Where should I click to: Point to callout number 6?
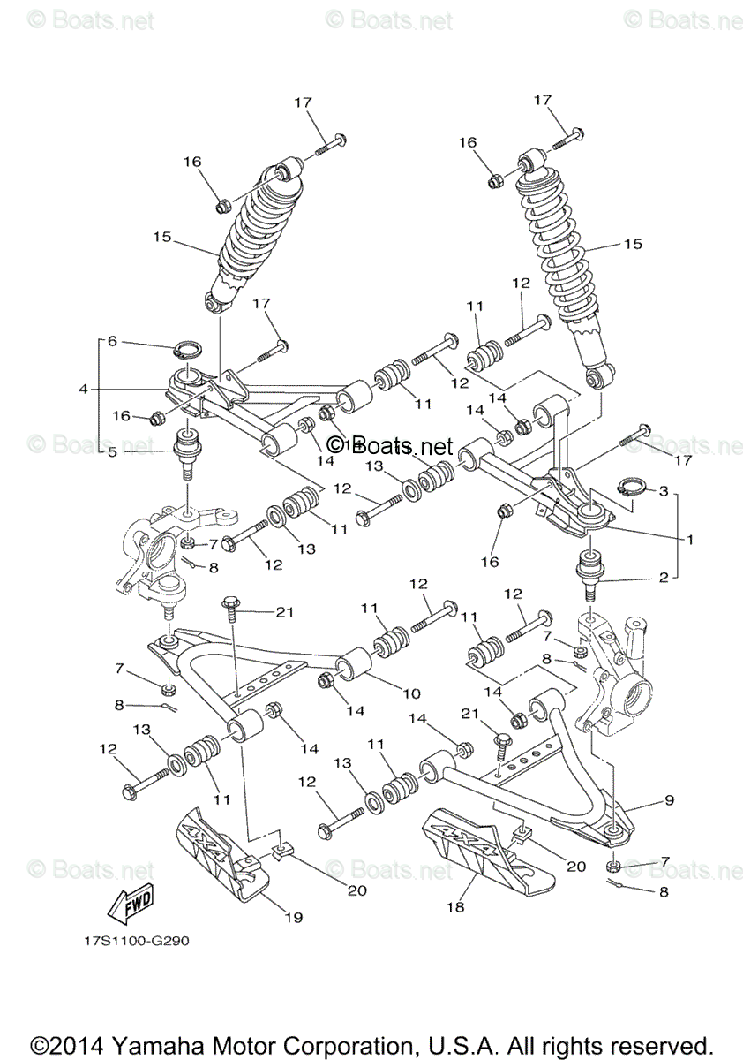(x=112, y=341)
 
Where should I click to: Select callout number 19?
(x=293, y=917)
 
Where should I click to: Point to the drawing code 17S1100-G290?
(x=131, y=940)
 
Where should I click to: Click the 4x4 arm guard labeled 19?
(x=221, y=850)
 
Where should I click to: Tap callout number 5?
(x=112, y=451)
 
